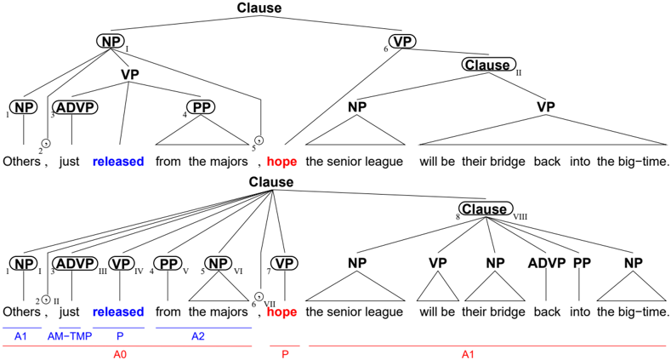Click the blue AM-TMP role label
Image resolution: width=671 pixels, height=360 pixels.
point(70,336)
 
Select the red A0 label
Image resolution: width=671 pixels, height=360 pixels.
point(120,354)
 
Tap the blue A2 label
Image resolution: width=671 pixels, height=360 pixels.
point(197,336)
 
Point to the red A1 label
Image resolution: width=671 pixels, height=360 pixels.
point(468,354)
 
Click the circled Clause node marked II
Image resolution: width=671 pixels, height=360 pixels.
point(488,65)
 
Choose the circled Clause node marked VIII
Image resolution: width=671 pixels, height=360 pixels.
point(486,209)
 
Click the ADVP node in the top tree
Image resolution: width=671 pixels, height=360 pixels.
point(75,107)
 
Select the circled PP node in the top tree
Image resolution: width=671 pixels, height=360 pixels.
point(201,107)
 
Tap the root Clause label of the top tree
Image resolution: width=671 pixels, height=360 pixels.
point(259,8)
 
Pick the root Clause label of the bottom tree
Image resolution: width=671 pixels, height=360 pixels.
point(271,182)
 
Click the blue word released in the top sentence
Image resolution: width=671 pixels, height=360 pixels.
point(118,162)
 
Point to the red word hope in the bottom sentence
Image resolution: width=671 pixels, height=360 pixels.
point(281,311)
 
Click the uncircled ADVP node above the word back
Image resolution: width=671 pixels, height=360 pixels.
point(547,263)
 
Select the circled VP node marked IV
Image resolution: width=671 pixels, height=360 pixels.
point(122,263)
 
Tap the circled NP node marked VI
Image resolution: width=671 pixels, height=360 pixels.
point(219,263)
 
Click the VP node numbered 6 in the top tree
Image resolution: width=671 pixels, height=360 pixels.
point(403,42)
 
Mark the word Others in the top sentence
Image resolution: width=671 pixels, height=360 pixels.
point(21,162)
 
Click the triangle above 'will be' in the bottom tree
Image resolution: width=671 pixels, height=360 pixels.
point(437,286)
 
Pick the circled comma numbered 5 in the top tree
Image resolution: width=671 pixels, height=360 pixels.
point(259,140)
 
